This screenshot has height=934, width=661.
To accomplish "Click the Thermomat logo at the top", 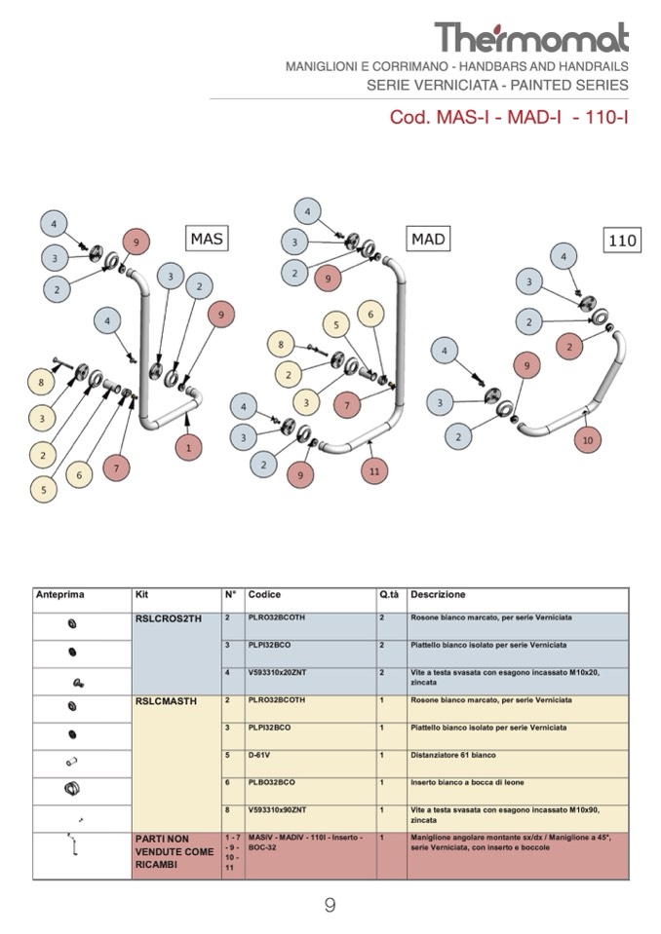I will [531, 37].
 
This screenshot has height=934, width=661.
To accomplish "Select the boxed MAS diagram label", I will [207, 238].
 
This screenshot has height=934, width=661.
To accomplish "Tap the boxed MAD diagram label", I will [428, 239].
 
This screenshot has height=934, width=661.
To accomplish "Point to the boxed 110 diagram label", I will [622, 241].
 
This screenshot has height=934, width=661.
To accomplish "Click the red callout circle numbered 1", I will [188, 448].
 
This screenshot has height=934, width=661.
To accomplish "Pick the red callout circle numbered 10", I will [587, 440].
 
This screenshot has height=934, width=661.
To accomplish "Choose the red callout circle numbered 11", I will [373, 470].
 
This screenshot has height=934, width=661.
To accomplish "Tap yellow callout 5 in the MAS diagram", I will [43, 488].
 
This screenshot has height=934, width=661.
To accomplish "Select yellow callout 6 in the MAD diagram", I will [369, 314].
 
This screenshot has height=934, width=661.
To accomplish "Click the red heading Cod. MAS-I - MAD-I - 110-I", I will [508, 118].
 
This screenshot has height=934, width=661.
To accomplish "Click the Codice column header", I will [264, 594].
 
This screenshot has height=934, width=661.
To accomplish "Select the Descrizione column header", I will [438, 594].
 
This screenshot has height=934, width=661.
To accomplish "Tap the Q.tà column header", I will [389, 594].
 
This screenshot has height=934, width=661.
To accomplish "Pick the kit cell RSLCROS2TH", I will [165, 618].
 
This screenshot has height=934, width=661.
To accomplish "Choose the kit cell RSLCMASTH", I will [163, 701].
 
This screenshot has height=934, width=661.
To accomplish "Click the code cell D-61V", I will [260, 755].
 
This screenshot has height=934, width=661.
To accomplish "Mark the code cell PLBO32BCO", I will [272, 782].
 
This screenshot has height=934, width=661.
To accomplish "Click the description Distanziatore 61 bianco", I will [453, 755].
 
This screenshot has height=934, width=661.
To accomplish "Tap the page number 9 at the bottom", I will [330, 906].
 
